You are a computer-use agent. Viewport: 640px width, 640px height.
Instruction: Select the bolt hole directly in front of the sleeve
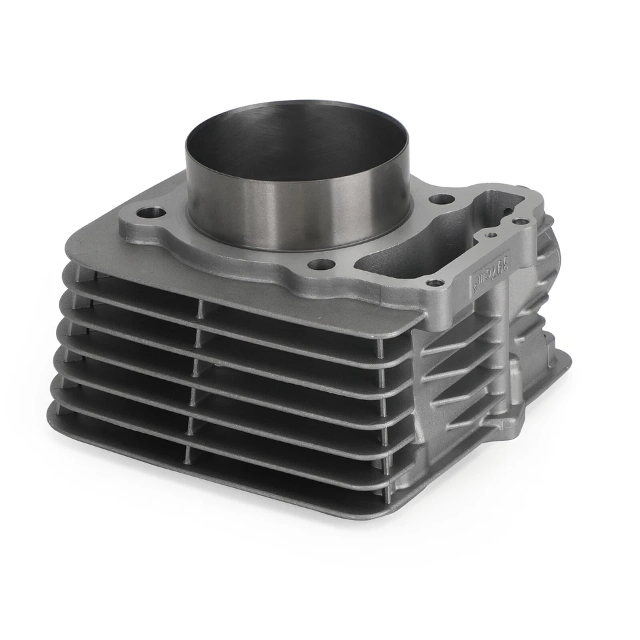pyautogui.click(x=321, y=265)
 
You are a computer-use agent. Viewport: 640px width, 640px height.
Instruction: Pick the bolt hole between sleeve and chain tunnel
pyautogui.click(x=441, y=199)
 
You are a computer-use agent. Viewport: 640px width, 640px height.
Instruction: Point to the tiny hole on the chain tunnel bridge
pyautogui.click(x=491, y=234)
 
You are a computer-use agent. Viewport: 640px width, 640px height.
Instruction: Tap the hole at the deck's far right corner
pyautogui.click(x=521, y=220)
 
